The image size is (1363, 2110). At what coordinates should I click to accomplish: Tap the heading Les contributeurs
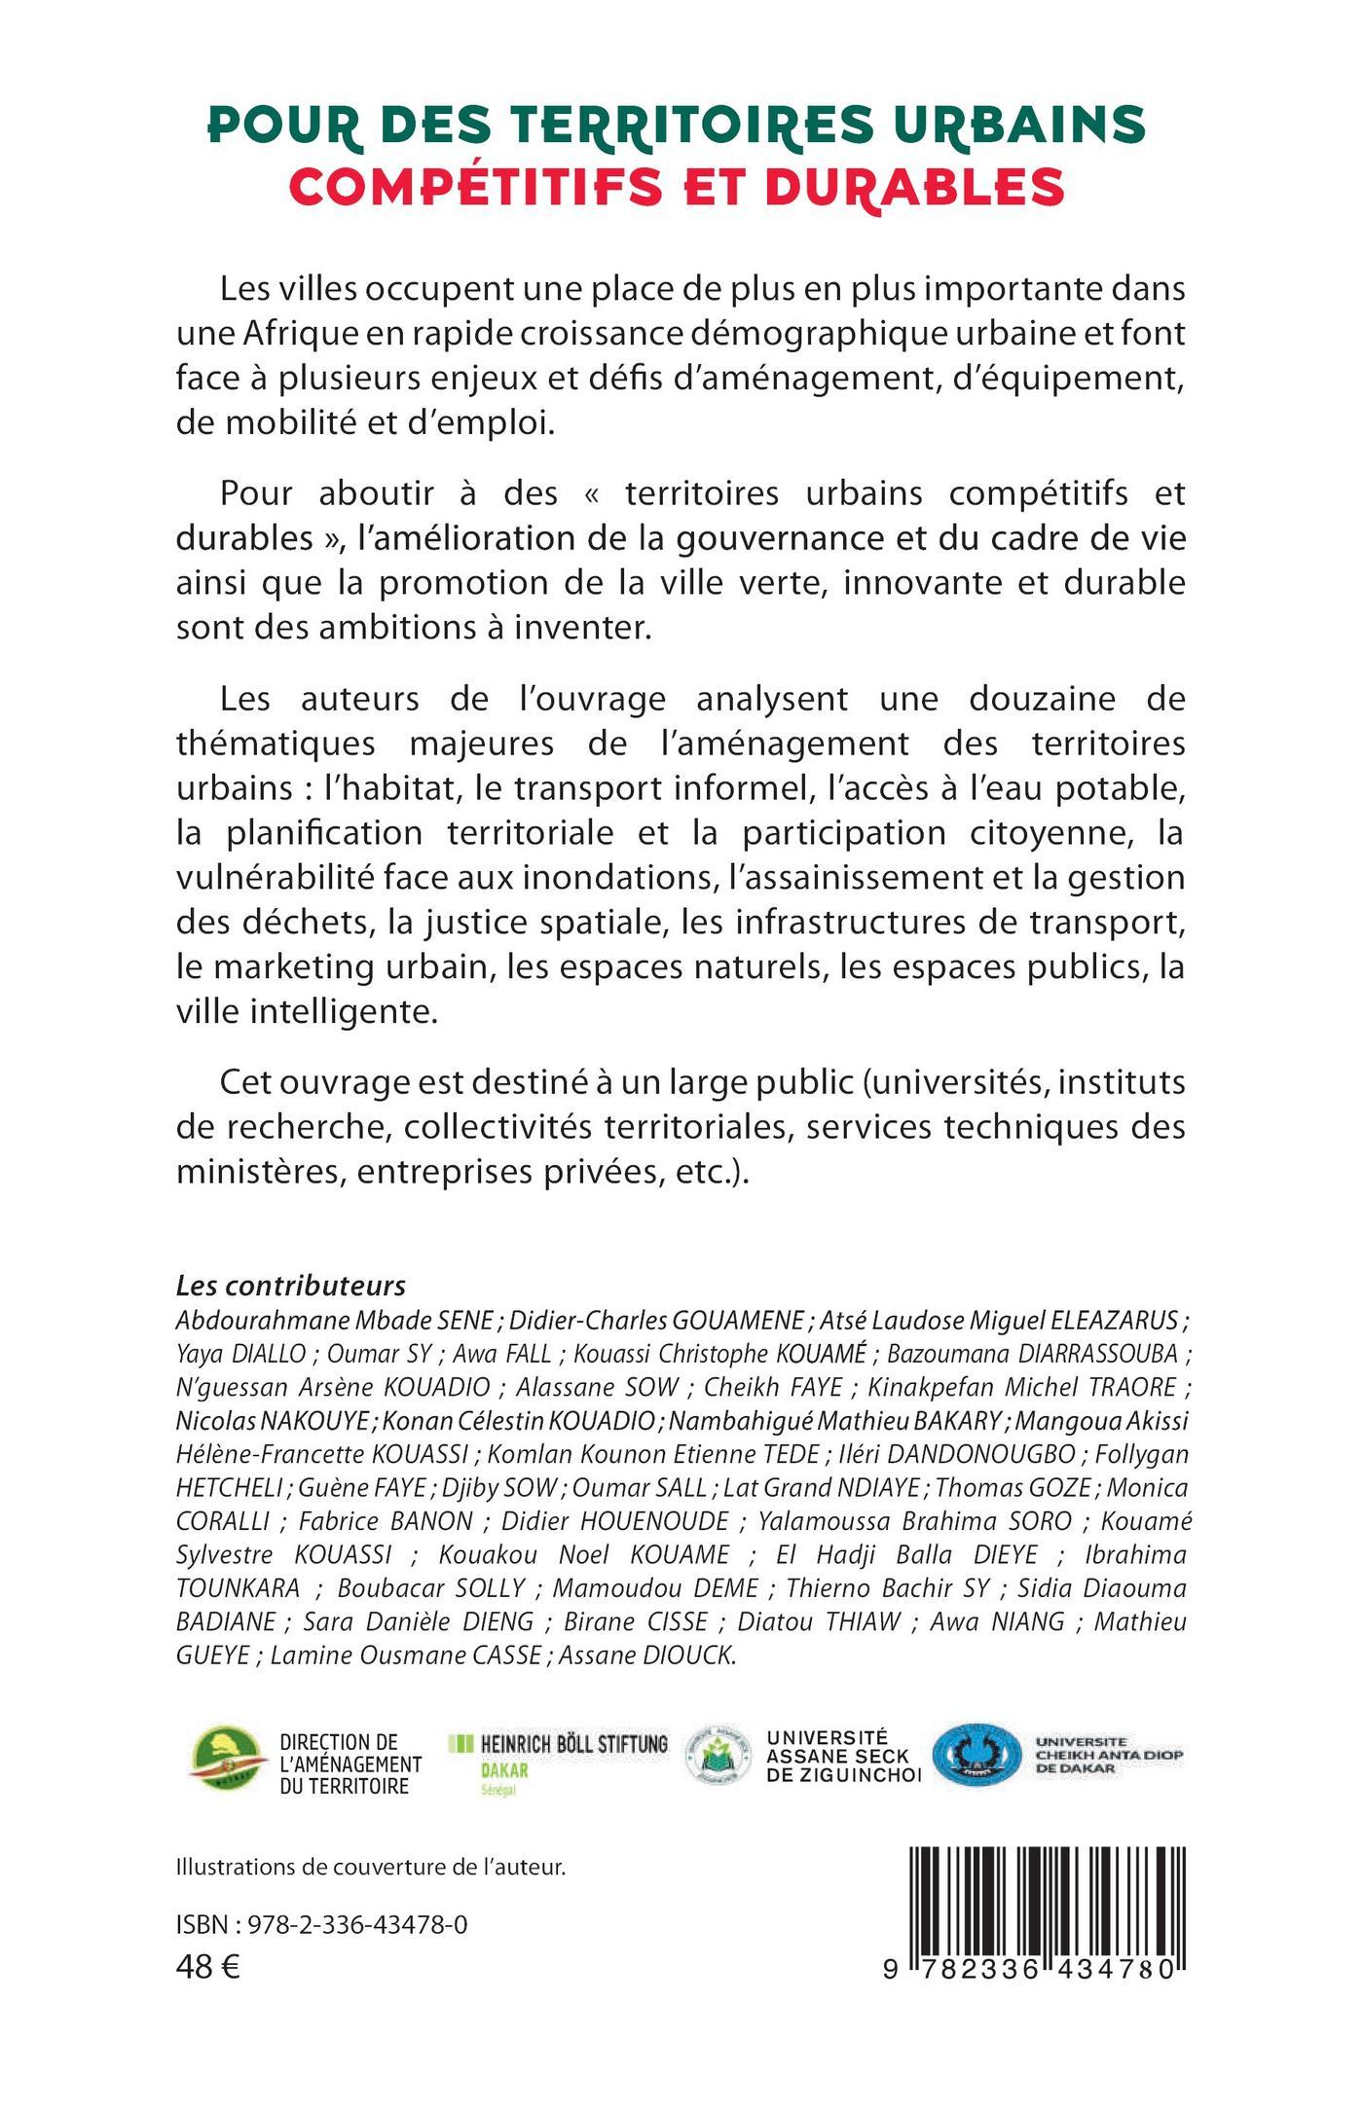[x=290, y=1286]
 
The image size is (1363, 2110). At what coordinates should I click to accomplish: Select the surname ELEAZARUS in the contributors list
[x=1115, y=1321]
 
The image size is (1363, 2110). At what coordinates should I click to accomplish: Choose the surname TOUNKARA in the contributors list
[x=239, y=1587]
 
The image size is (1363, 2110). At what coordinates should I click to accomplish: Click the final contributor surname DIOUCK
[x=688, y=1655]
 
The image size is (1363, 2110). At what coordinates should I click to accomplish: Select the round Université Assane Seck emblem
[x=720, y=1755]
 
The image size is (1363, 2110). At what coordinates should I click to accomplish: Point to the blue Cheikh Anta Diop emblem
[x=975, y=1755]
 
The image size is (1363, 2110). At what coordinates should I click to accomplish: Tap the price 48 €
[x=208, y=1967]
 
